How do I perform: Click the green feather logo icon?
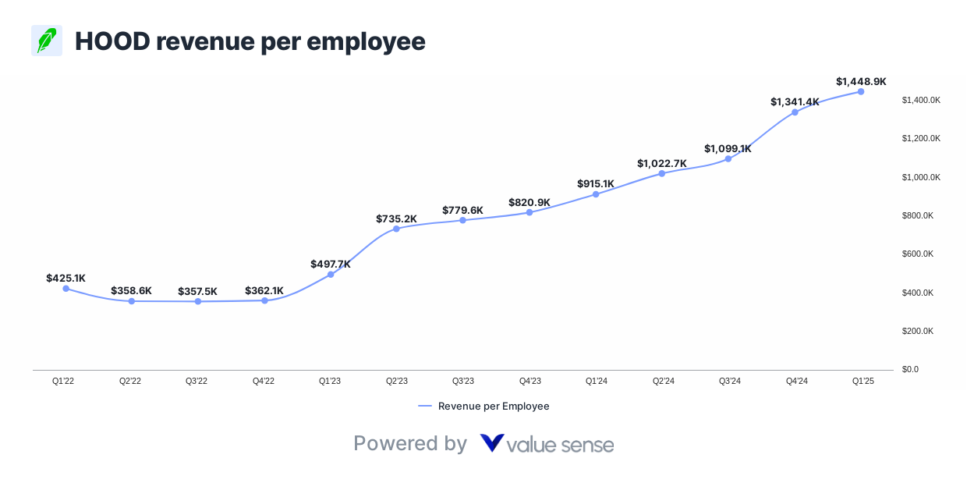pos(47,41)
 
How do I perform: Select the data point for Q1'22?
pos(66,289)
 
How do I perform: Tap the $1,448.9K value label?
pos(861,81)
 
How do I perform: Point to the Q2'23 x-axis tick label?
pos(397,381)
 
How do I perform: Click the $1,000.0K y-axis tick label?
pos(921,177)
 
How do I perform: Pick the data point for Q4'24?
pos(795,112)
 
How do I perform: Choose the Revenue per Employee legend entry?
pos(484,406)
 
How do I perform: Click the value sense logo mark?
pos(492,443)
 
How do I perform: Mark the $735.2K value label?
pos(396,218)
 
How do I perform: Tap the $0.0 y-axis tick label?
pos(910,369)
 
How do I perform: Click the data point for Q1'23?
pos(331,274)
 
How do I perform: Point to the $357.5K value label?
pos(197,291)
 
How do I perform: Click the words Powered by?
pos(410,443)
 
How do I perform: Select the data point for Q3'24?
pos(728,158)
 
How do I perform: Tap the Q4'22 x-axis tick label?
pos(264,381)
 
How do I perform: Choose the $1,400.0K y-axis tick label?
pos(921,100)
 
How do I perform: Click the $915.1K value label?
pos(596,183)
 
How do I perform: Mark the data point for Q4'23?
pos(530,212)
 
